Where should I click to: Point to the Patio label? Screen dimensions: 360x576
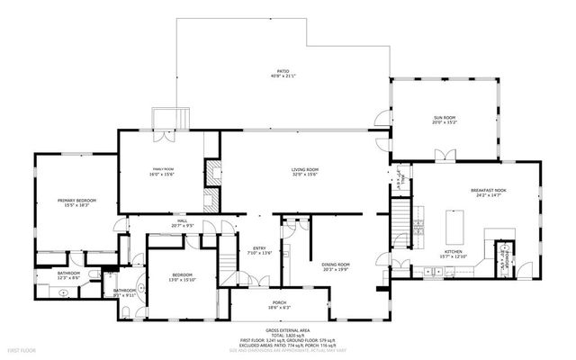click(x=282, y=74)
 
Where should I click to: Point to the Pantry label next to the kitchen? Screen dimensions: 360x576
click(x=506, y=256)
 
